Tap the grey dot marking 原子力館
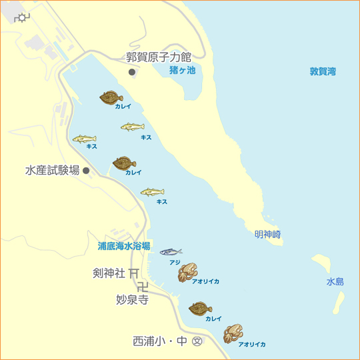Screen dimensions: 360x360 point(132,71)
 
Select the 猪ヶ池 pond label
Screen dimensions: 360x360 point(182,69)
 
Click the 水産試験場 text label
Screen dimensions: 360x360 point(53,170)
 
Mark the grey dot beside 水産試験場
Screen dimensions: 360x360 point(86,171)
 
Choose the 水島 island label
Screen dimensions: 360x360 point(335,282)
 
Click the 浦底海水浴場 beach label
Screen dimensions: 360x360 point(124,245)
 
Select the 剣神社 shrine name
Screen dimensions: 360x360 point(108,273)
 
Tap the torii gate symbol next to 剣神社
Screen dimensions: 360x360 point(134,273)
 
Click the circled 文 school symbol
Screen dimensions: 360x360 point(197,341)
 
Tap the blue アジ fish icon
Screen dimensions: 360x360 point(171,251)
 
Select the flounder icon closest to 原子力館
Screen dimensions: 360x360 point(111,97)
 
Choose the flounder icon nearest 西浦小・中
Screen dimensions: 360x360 point(200,309)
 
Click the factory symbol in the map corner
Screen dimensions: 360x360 point(23,18)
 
